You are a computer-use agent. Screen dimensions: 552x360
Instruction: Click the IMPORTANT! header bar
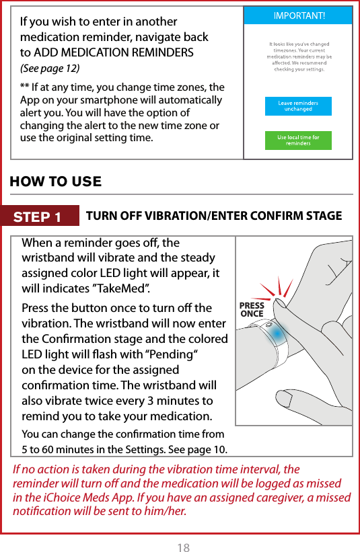[x=297, y=15]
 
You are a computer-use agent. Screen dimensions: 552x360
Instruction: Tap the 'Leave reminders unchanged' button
[x=297, y=107]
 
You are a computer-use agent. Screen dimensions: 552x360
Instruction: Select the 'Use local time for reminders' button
[x=297, y=141]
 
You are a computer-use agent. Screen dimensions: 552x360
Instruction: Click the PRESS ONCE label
[x=252, y=310]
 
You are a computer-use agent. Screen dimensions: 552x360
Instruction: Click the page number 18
[x=183, y=547]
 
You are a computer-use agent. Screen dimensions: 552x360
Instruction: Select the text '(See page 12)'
[x=49, y=69]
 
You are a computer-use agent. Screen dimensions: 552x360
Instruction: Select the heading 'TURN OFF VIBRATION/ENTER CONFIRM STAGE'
[x=214, y=216]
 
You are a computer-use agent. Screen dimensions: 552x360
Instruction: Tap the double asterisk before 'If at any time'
[x=25, y=87]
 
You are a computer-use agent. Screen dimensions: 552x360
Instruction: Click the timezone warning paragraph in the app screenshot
[x=297, y=56]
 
